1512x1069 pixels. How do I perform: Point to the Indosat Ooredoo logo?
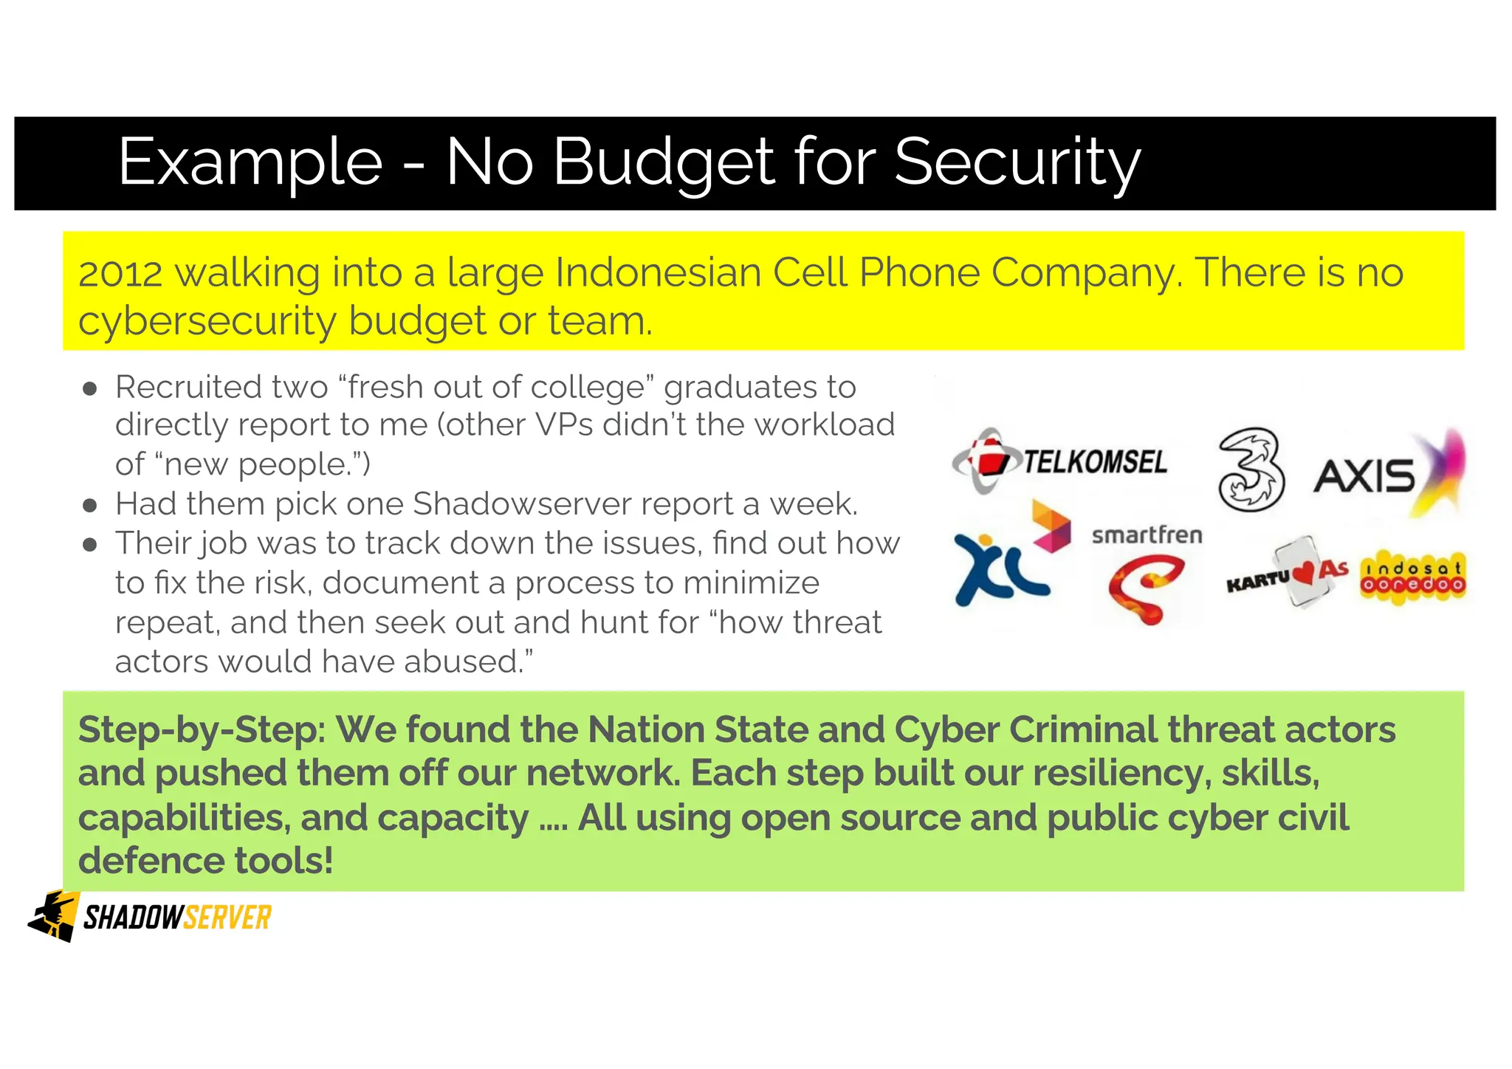(1412, 577)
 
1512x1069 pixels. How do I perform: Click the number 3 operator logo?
(1251, 470)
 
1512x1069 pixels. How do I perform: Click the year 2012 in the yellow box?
(120, 273)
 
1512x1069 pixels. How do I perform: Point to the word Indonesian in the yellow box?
(658, 273)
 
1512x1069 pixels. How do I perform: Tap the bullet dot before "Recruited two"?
(90, 390)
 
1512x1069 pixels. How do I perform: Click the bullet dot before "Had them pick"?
(90, 506)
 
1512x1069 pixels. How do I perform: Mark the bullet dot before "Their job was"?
(90, 546)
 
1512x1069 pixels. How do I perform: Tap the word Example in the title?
(250, 162)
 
